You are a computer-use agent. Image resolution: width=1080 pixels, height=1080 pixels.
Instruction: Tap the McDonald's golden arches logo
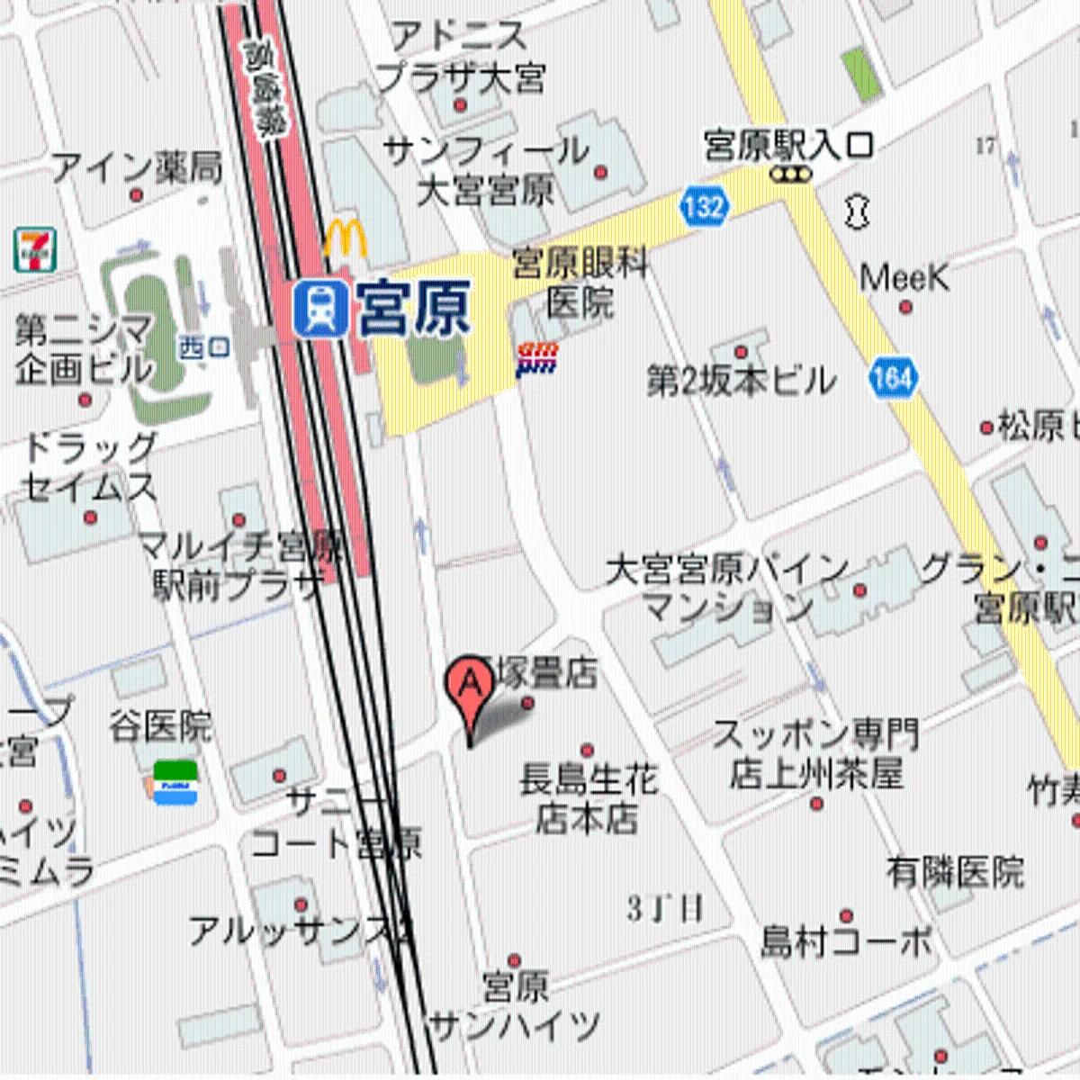pyautogui.click(x=346, y=239)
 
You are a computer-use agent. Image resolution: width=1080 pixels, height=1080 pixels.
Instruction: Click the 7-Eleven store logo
pyautogui.click(x=35, y=250)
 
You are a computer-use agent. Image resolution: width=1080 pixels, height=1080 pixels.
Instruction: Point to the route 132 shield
pyautogui.click(x=703, y=207)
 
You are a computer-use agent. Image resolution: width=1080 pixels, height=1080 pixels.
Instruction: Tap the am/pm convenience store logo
pyautogui.click(x=537, y=358)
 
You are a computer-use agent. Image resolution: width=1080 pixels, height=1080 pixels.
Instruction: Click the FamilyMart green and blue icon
pyautogui.click(x=175, y=782)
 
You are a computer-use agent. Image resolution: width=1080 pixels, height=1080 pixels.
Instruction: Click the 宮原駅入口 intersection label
pyautogui.click(x=788, y=146)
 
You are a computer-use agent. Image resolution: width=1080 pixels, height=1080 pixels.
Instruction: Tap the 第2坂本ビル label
pyautogui.click(x=741, y=382)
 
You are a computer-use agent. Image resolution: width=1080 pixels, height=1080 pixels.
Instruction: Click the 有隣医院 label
pyautogui.click(x=955, y=871)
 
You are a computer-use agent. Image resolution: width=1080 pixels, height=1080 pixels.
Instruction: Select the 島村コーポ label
pyautogui.click(x=846, y=941)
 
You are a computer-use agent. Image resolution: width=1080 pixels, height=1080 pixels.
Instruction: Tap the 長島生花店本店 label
pyautogui.click(x=589, y=798)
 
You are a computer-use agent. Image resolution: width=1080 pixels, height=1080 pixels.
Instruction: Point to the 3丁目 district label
pyautogui.click(x=665, y=909)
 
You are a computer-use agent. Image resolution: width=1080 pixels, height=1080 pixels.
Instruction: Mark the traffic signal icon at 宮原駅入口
pyautogui.click(x=791, y=175)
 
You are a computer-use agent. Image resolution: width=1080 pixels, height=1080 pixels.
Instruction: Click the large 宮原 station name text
pyautogui.click(x=414, y=309)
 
